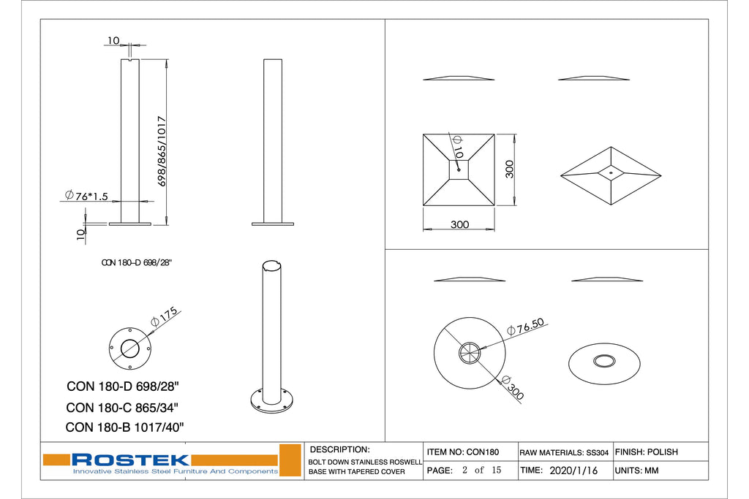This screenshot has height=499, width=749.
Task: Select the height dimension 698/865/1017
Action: coord(162,151)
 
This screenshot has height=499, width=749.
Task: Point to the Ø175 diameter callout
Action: coord(164,316)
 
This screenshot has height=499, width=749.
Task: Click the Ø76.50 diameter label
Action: coord(530,328)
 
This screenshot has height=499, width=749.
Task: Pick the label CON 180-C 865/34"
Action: coord(122,408)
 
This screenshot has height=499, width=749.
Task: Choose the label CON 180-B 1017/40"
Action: coord(124,427)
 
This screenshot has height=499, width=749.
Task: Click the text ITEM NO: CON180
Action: coord(462,452)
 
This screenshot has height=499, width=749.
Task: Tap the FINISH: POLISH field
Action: coord(647,452)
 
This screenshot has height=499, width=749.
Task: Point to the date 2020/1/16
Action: coord(573,471)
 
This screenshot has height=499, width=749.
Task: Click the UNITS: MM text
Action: coord(637,471)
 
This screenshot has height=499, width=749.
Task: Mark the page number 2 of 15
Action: coord(481,471)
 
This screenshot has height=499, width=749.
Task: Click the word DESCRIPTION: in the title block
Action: coord(340,449)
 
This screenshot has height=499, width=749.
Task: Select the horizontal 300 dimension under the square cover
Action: coord(459,224)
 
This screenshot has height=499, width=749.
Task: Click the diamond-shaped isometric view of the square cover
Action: coord(610,175)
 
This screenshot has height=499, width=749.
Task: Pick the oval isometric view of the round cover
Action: coord(604,361)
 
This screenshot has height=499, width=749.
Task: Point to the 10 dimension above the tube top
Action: coord(113,39)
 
